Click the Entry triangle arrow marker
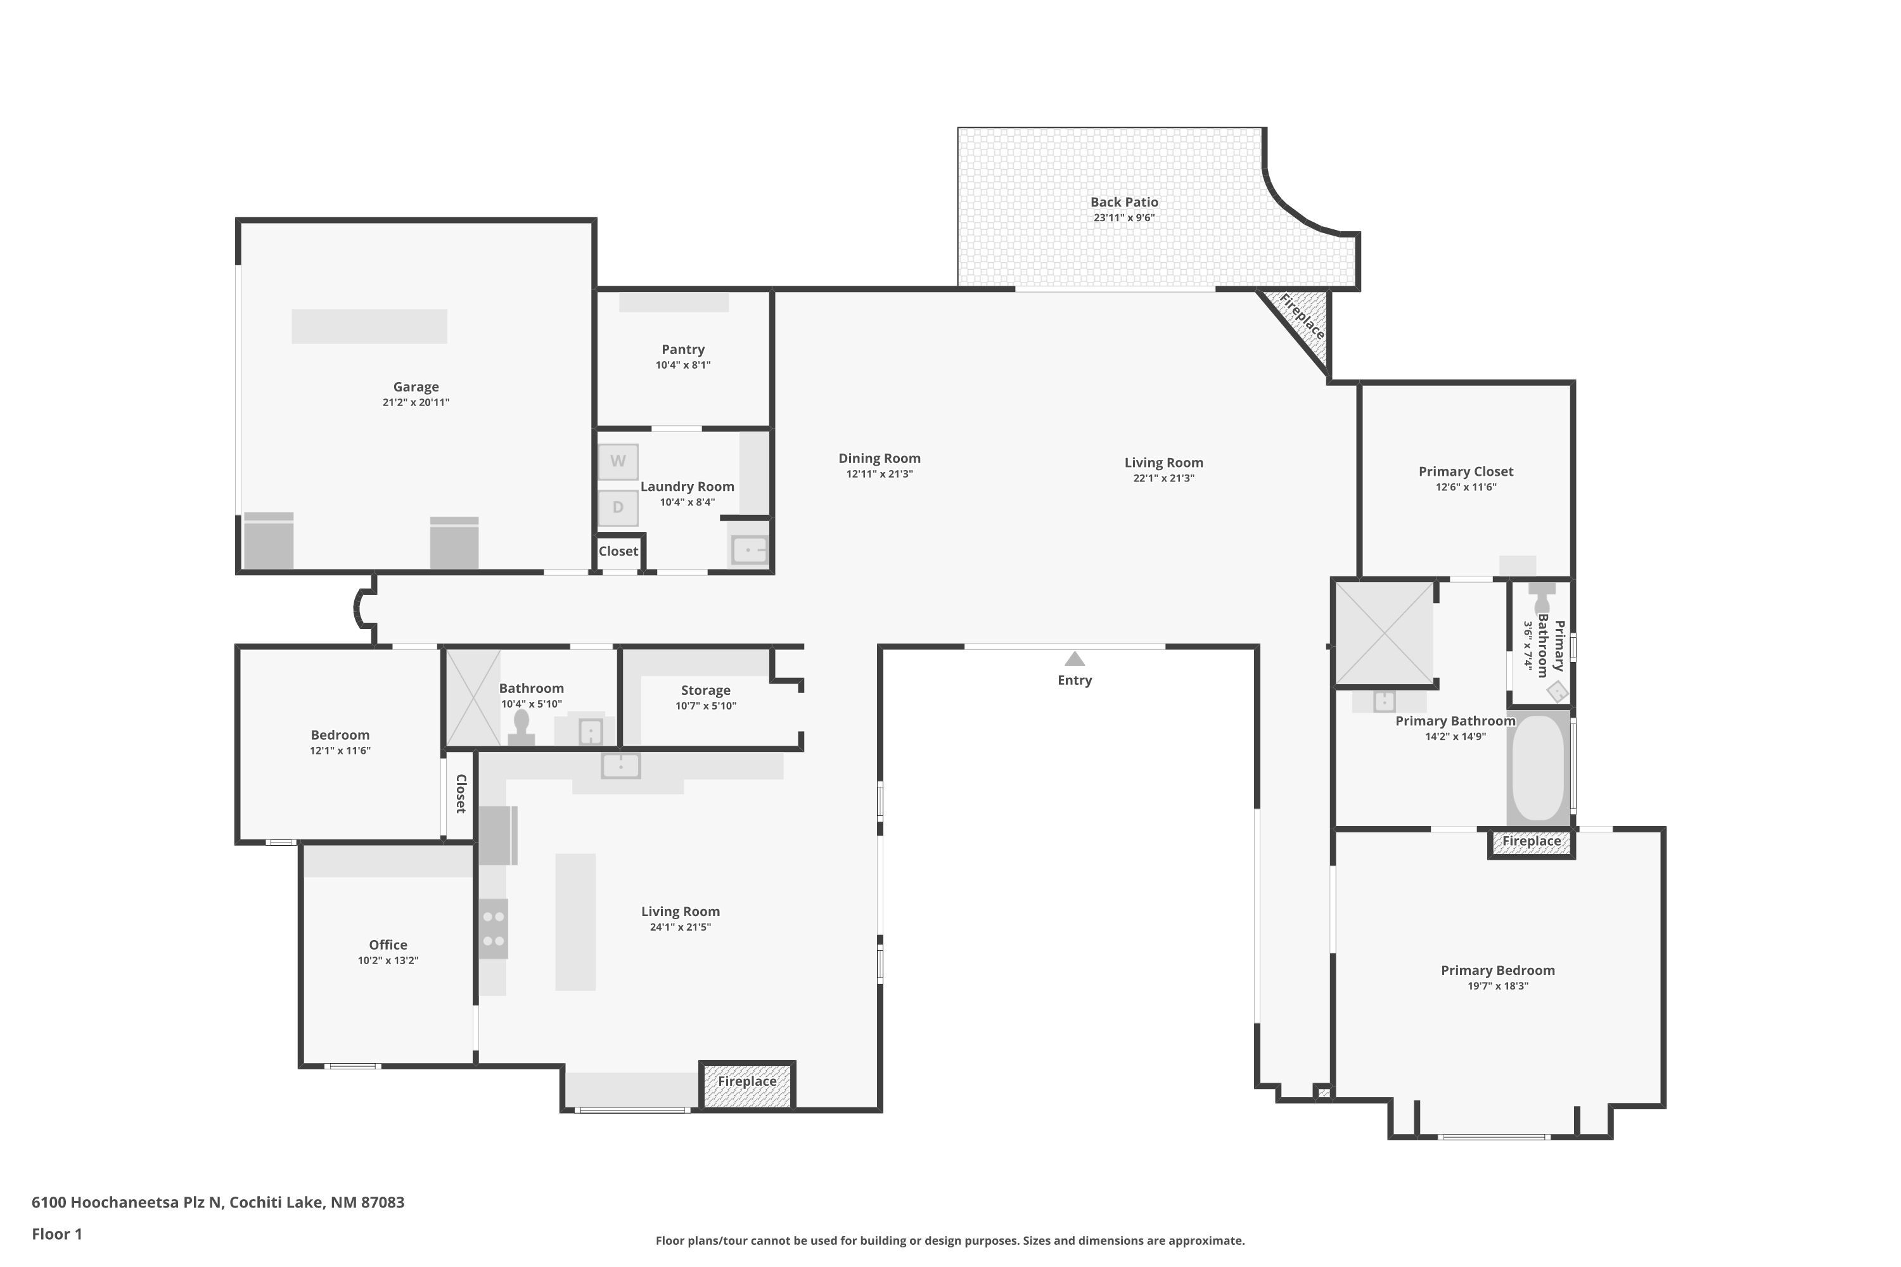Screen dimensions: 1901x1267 (x=1074, y=659)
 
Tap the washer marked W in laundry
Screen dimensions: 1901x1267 (x=618, y=461)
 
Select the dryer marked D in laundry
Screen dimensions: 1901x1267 (x=618, y=507)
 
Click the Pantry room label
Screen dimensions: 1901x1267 (x=683, y=349)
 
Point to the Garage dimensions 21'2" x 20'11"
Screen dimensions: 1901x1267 (x=416, y=402)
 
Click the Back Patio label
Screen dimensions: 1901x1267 (x=1124, y=202)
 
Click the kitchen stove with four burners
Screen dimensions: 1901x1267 (x=493, y=929)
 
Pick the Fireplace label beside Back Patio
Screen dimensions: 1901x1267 (x=1302, y=316)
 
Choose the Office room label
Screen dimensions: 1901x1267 (x=388, y=945)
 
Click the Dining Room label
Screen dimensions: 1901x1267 (x=880, y=458)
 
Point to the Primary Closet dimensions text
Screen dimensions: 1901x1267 (x=1466, y=487)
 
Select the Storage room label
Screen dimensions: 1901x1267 (x=706, y=690)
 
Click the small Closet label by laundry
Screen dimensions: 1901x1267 (x=618, y=551)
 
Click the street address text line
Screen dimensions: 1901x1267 (x=218, y=1202)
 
